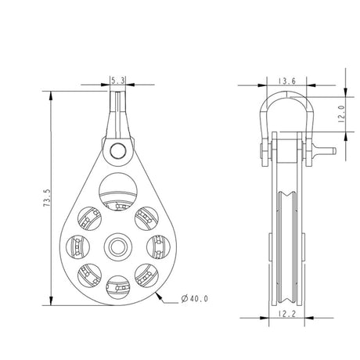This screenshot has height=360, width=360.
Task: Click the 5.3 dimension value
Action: click(x=118, y=81)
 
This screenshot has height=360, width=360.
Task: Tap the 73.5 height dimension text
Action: click(x=47, y=198)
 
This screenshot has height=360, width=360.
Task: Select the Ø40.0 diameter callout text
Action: click(x=195, y=299)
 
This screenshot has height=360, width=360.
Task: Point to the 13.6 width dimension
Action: click(x=286, y=81)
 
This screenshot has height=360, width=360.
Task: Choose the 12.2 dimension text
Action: click(x=287, y=314)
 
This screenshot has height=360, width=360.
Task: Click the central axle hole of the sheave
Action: click(x=118, y=247)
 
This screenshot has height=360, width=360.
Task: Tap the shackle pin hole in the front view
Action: click(x=118, y=151)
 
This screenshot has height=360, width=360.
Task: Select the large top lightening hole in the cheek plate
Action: click(x=118, y=192)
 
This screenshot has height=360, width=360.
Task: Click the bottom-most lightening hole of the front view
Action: click(x=118, y=287)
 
